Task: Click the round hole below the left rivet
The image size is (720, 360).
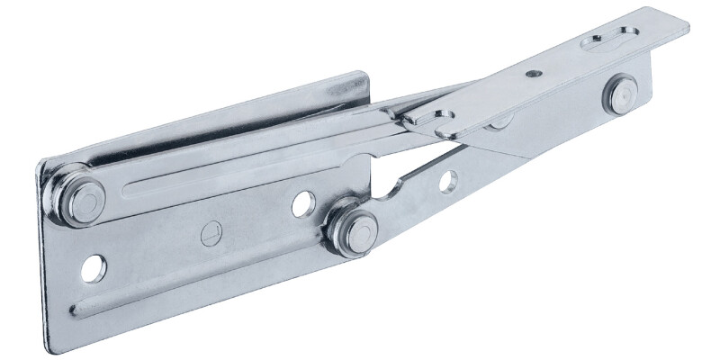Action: click(x=93, y=267)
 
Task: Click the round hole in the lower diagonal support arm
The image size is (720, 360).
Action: click(x=447, y=181)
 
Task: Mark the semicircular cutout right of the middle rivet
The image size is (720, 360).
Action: click(x=390, y=190)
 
